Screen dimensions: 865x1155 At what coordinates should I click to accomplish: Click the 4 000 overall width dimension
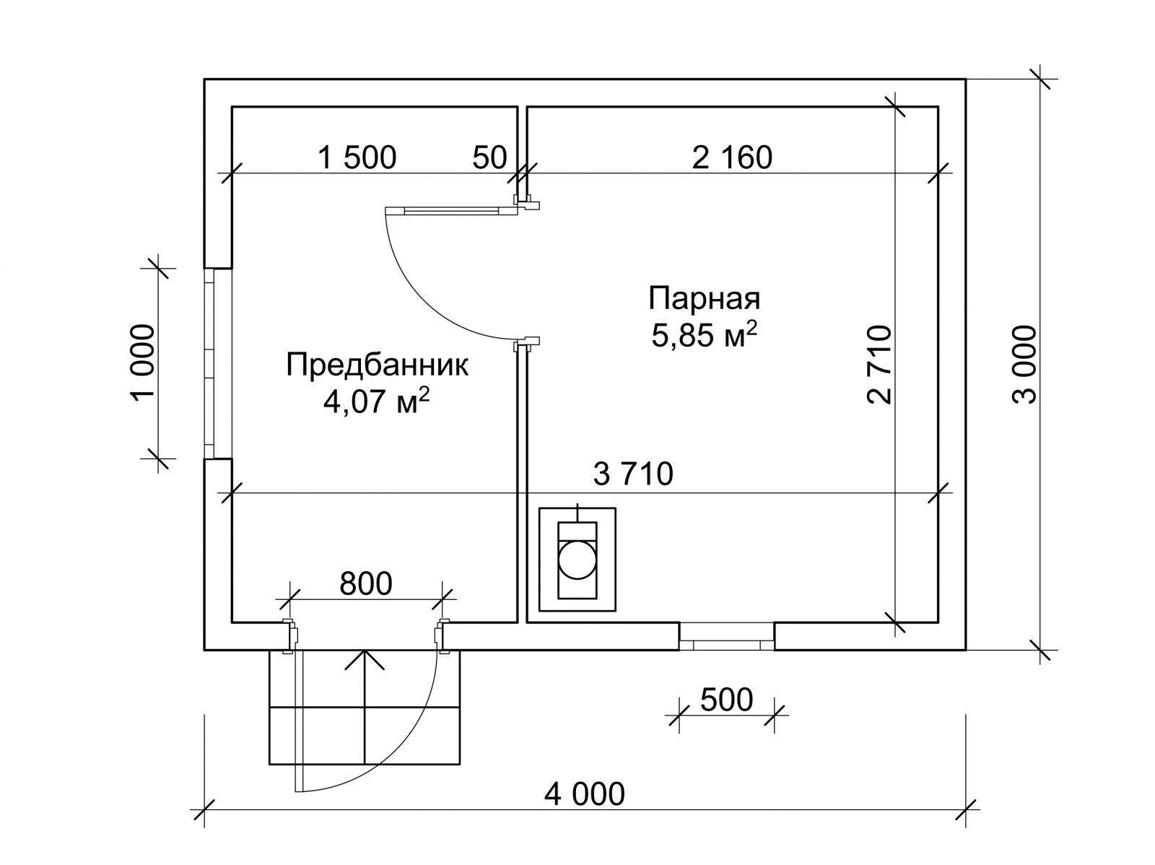pyautogui.click(x=585, y=794)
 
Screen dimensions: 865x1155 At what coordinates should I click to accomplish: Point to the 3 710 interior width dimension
pyautogui.click(x=632, y=474)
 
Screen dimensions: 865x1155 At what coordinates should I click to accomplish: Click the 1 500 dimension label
pyautogui.click(x=357, y=157)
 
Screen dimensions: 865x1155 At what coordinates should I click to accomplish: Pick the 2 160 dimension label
pyautogui.click(x=732, y=157)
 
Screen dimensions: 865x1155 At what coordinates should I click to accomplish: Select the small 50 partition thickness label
pyautogui.click(x=490, y=157)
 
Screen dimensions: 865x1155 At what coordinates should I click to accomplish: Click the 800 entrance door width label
pyautogui.click(x=365, y=583)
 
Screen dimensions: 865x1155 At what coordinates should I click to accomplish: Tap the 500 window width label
pyautogui.click(x=726, y=699)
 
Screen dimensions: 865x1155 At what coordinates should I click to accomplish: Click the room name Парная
pyautogui.click(x=704, y=297)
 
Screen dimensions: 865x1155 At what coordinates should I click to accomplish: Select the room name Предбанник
pyautogui.click(x=377, y=365)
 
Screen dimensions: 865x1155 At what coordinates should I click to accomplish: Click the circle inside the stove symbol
pyautogui.click(x=577, y=560)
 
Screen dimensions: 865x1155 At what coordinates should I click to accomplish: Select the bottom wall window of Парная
pyautogui.click(x=726, y=635)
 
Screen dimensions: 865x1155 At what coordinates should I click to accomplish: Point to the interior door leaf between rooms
pyautogui.click(x=451, y=210)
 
